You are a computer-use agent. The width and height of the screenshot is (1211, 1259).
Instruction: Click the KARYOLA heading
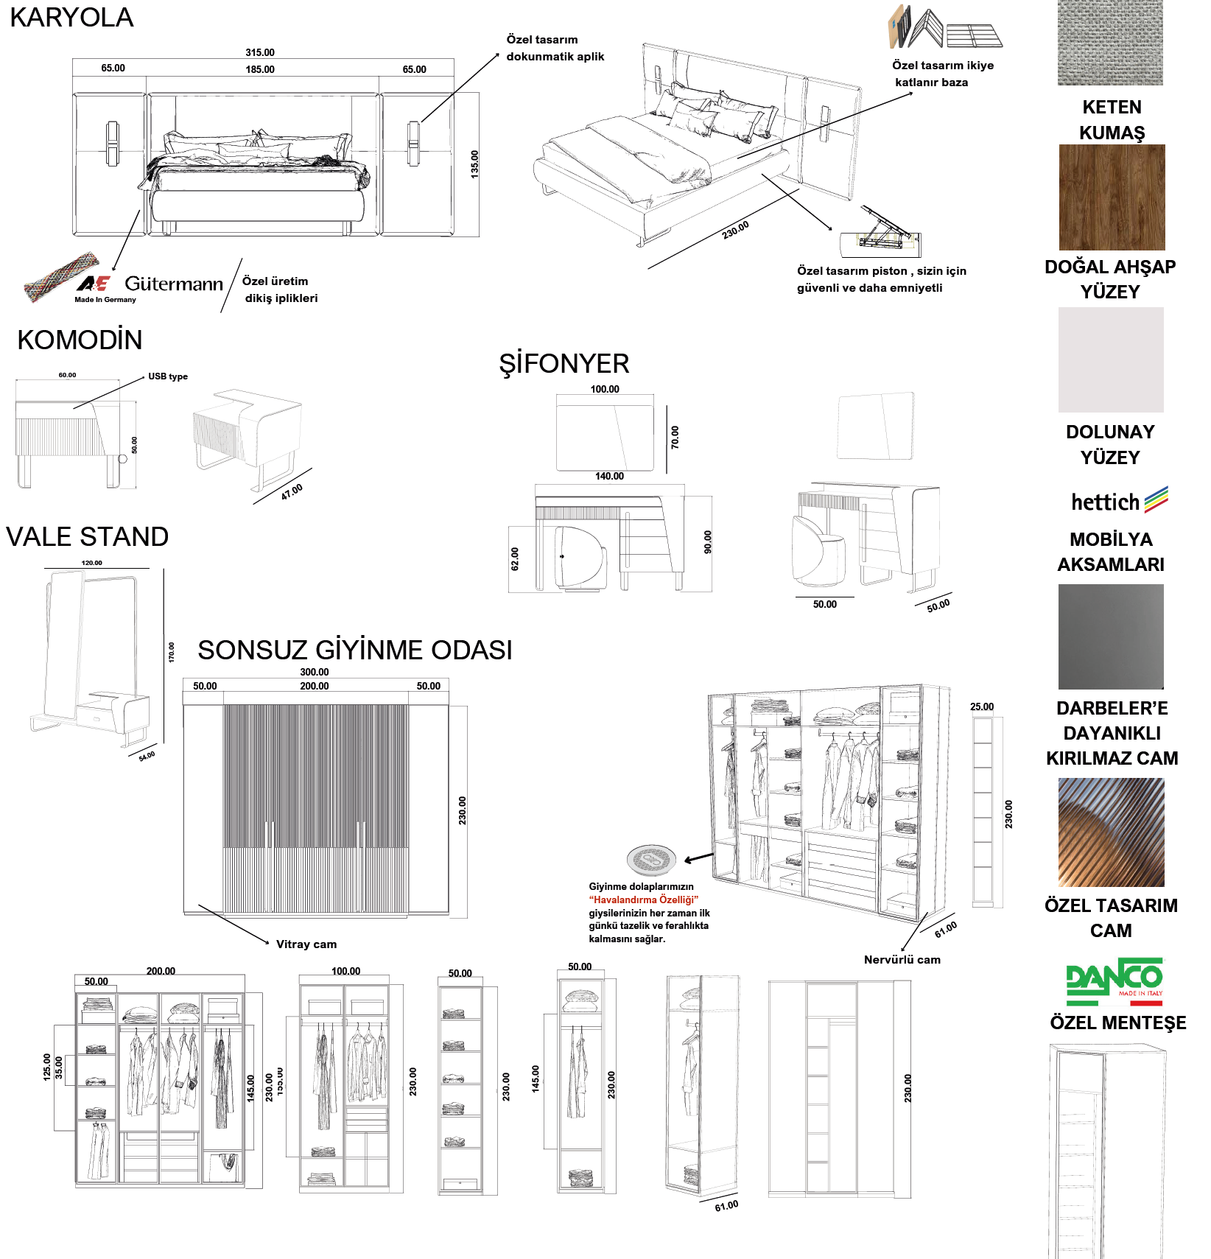click(x=71, y=18)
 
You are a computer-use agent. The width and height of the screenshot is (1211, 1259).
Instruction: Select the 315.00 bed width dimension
click(x=260, y=52)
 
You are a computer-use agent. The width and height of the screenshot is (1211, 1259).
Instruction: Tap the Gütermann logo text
click(x=174, y=284)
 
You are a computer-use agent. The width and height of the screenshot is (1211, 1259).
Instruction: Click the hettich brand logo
click(x=1119, y=501)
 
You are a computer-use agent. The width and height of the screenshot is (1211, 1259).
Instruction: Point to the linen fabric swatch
click(x=1110, y=43)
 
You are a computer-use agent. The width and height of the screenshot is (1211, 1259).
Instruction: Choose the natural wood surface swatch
click(x=1112, y=197)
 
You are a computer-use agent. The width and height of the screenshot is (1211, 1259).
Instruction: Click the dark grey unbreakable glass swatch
click(x=1111, y=636)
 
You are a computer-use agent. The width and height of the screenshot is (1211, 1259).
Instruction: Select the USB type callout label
click(x=168, y=376)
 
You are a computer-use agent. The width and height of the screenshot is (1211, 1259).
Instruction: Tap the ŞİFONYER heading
click(x=564, y=364)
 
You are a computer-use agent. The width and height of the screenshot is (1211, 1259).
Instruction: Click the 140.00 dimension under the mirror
click(x=609, y=476)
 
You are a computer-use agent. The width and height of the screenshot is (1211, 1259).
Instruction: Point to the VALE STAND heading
click(x=88, y=536)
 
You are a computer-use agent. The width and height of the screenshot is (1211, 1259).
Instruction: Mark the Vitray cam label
click(x=306, y=944)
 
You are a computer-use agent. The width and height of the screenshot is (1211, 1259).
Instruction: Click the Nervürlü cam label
click(x=902, y=960)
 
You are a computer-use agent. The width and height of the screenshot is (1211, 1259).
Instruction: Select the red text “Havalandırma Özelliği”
click(x=643, y=899)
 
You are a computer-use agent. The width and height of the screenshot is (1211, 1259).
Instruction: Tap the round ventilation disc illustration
click(x=651, y=859)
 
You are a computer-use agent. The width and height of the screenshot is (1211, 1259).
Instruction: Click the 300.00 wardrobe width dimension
click(x=315, y=672)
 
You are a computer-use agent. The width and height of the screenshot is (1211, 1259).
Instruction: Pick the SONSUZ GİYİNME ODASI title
click(x=354, y=650)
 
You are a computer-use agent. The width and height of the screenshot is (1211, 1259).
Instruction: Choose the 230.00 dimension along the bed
click(x=735, y=230)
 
